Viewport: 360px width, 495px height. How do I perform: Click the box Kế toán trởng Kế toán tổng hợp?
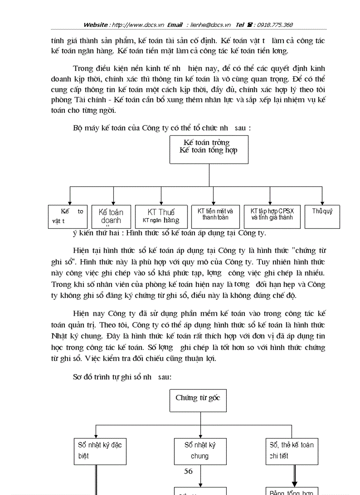click(x=209, y=149)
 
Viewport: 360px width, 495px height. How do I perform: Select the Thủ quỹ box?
click(x=322, y=216)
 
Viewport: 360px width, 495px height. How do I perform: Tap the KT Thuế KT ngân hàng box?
click(x=161, y=216)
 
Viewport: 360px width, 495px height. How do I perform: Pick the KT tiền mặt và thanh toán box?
click(x=215, y=216)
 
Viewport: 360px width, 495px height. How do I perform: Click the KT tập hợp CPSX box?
click(x=272, y=216)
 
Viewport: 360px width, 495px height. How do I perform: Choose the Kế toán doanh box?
click(x=111, y=217)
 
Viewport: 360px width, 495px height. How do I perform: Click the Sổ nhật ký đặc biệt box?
click(x=100, y=451)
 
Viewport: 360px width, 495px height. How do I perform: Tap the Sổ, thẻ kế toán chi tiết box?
click(x=292, y=451)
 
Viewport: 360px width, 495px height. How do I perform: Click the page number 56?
click(x=188, y=471)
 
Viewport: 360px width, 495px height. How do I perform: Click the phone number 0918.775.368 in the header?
click(x=276, y=25)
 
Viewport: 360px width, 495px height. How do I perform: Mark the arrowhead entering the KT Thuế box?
click(x=161, y=202)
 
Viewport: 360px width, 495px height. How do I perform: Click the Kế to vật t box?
click(x=68, y=216)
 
